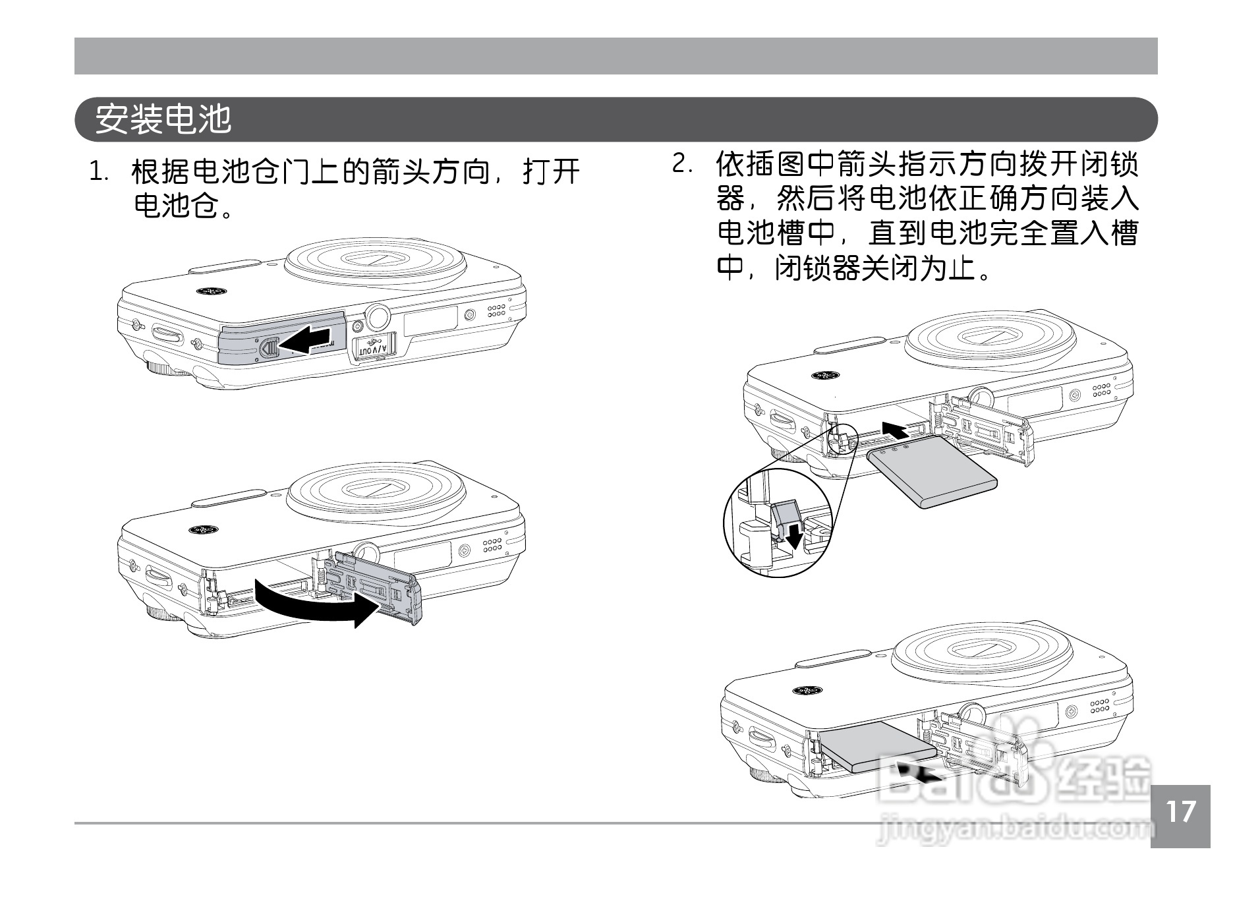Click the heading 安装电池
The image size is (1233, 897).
pyautogui.click(x=163, y=119)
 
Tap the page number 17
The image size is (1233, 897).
pyautogui.click(x=1180, y=812)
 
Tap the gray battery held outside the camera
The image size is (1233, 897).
pyautogui.click(x=932, y=470)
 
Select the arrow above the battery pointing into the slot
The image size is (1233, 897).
pyautogui.click(x=900, y=430)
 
